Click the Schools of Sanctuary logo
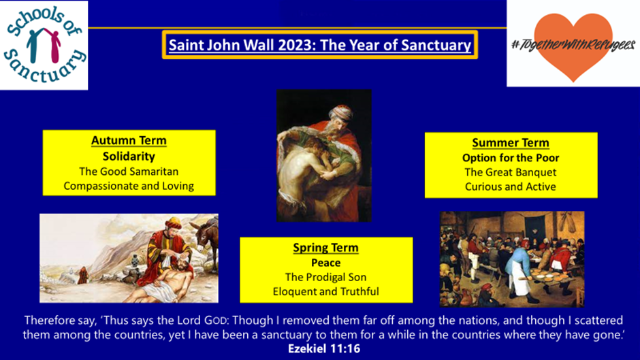click(44, 45)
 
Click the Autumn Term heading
click(129, 140)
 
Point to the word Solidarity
click(129, 157)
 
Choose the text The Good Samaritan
click(129, 171)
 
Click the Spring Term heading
click(325, 248)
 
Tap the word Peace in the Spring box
click(325, 263)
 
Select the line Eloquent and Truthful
click(325, 291)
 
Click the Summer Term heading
click(511, 143)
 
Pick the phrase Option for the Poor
click(511, 158)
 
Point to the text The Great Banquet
click(511, 172)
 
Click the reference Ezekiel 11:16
click(324, 348)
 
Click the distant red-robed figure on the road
click(83, 276)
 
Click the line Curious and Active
click(511, 187)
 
